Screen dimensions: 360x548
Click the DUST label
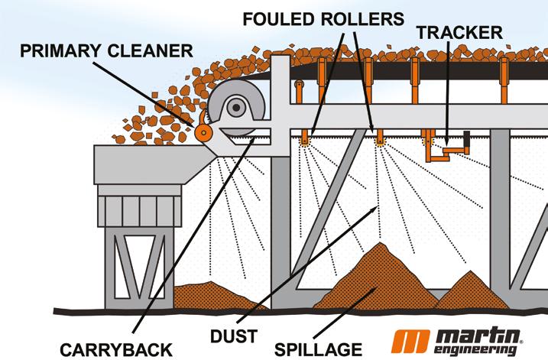[234, 335]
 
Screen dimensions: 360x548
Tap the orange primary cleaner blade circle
[204, 132]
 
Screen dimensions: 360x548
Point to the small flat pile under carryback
[214, 294]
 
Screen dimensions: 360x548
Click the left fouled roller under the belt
[305, 137]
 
